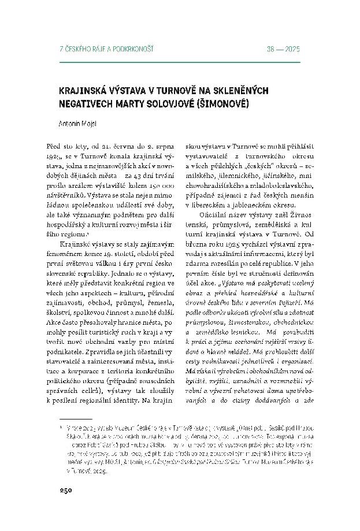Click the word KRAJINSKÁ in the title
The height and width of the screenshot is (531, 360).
(x=83, y=91)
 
